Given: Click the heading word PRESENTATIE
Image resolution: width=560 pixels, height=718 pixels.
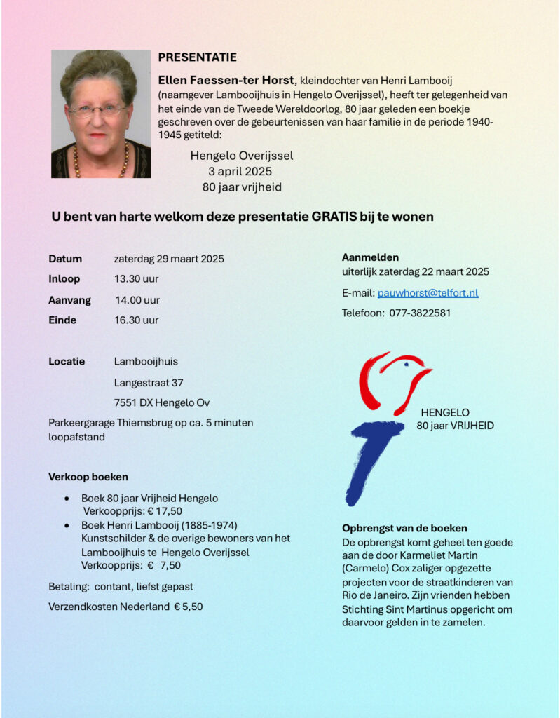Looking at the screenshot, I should click(197, 57).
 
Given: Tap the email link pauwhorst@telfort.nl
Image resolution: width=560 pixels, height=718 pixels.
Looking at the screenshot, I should click(428, 293).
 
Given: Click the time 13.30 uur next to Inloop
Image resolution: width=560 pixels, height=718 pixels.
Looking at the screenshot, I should click(136, 279).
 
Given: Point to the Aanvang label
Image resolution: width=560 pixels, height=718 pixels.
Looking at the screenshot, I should click(69, 300).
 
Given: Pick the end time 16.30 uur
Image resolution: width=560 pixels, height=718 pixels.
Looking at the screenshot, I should click(136, 320).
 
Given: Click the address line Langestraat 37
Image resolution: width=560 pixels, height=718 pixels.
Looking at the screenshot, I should click(148, 383).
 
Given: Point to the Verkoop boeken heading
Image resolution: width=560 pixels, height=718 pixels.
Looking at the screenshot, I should click(88, 477).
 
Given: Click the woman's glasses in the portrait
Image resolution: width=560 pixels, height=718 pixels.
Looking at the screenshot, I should click(99, 109).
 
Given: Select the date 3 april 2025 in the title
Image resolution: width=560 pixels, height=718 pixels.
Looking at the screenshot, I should click(240, 171).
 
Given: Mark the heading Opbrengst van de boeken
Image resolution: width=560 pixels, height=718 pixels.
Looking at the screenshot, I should click(404, 528).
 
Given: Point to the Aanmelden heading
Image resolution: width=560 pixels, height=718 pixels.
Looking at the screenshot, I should click(370, 257).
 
